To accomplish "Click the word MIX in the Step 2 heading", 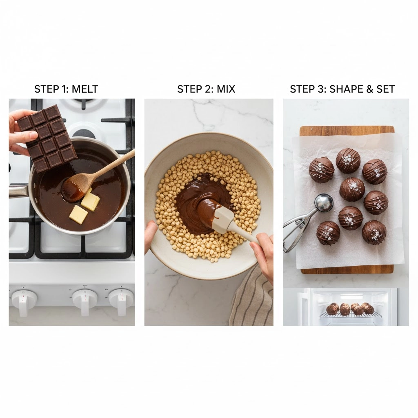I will tap(226, 89).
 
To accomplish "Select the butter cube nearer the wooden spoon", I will tap(91, 201).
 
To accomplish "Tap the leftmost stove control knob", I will tap(24, 300).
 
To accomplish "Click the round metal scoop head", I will tap(324, 203).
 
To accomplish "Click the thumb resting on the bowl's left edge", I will tap(151, 235).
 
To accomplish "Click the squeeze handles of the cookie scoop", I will tap(296, 229).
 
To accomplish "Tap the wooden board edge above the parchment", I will tap(347, 131).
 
